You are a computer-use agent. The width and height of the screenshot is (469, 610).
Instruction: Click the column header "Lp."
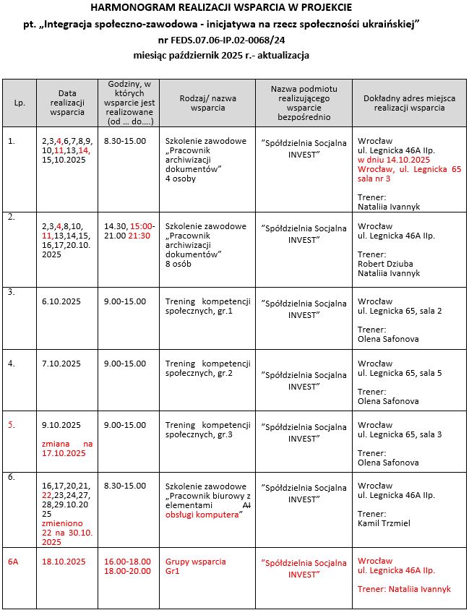point(20,103)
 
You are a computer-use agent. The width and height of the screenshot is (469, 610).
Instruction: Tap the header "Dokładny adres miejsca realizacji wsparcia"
point(409,103)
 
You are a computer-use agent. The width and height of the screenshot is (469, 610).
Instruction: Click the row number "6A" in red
point(13,562)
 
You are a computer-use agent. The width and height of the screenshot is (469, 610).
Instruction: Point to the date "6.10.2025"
point(61,301)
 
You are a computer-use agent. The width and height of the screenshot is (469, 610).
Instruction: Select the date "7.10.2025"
point(61,364)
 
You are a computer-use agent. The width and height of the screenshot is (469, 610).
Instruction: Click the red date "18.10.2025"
point(64,562)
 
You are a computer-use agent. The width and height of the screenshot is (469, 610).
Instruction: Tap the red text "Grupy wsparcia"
point(195,562)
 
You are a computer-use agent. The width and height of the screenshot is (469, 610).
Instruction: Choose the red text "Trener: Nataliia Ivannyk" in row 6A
point(404,589)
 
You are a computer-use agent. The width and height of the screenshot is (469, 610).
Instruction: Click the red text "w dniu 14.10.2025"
point(394,159)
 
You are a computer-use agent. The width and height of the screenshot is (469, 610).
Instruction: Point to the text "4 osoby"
point(181,179)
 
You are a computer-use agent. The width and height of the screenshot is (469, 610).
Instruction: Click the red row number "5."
point(12,425)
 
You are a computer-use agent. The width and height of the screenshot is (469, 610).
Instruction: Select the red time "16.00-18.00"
point(127,562)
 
